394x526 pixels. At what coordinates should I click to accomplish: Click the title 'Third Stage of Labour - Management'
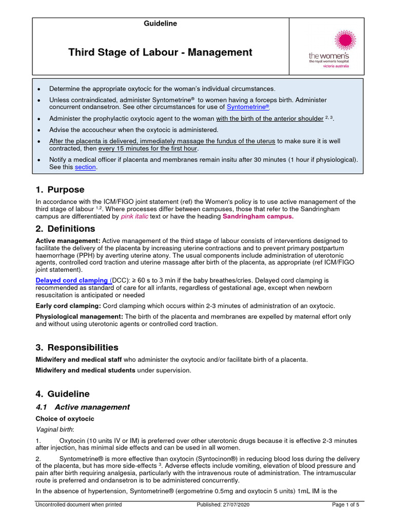161,52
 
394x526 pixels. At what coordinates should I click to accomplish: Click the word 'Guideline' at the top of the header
161,24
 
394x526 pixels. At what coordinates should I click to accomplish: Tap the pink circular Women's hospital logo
345,41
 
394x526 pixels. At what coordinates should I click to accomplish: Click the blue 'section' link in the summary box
85,167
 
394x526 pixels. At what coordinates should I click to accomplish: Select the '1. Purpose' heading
60,190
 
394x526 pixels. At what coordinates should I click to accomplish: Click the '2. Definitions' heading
65,229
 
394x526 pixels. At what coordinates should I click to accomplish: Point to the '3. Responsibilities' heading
77,347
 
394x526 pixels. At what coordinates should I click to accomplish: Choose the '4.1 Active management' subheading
83,407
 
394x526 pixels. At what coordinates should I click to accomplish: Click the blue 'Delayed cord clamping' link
72,280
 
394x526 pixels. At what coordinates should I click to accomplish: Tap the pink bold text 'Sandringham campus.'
258,217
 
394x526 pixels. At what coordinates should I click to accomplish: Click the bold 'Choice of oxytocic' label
65,419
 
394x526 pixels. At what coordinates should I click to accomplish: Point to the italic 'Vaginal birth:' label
54,429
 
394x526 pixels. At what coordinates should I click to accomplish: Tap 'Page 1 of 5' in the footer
346,504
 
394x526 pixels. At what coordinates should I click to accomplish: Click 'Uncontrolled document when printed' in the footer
78,504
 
